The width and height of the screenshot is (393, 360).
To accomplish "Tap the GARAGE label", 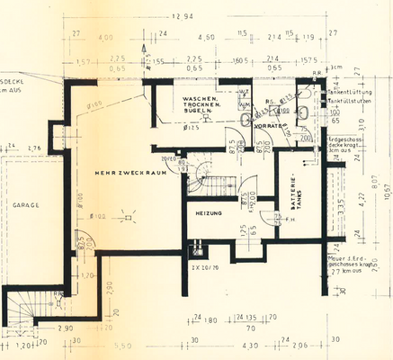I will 24,205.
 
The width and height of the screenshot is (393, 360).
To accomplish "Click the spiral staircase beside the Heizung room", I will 205,176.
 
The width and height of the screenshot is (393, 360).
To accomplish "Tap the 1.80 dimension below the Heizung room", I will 209,319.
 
